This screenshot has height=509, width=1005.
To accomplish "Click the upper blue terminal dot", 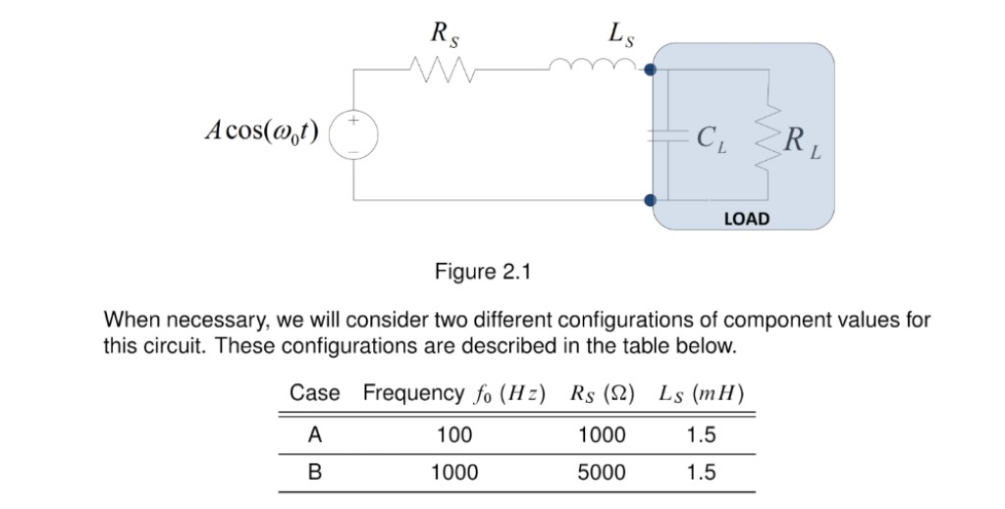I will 651,70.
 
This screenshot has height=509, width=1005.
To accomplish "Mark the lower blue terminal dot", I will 650,200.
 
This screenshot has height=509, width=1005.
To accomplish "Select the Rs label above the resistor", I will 445,33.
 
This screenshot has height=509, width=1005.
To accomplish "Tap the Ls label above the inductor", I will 620,33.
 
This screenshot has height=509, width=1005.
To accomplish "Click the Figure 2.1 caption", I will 482,272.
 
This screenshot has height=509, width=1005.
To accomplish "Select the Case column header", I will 314,393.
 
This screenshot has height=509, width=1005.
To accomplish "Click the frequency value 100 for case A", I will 454,434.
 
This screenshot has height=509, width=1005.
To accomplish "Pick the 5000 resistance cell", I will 601,473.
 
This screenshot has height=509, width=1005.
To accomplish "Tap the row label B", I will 314,473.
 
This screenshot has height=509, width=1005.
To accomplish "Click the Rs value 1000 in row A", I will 601,434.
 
